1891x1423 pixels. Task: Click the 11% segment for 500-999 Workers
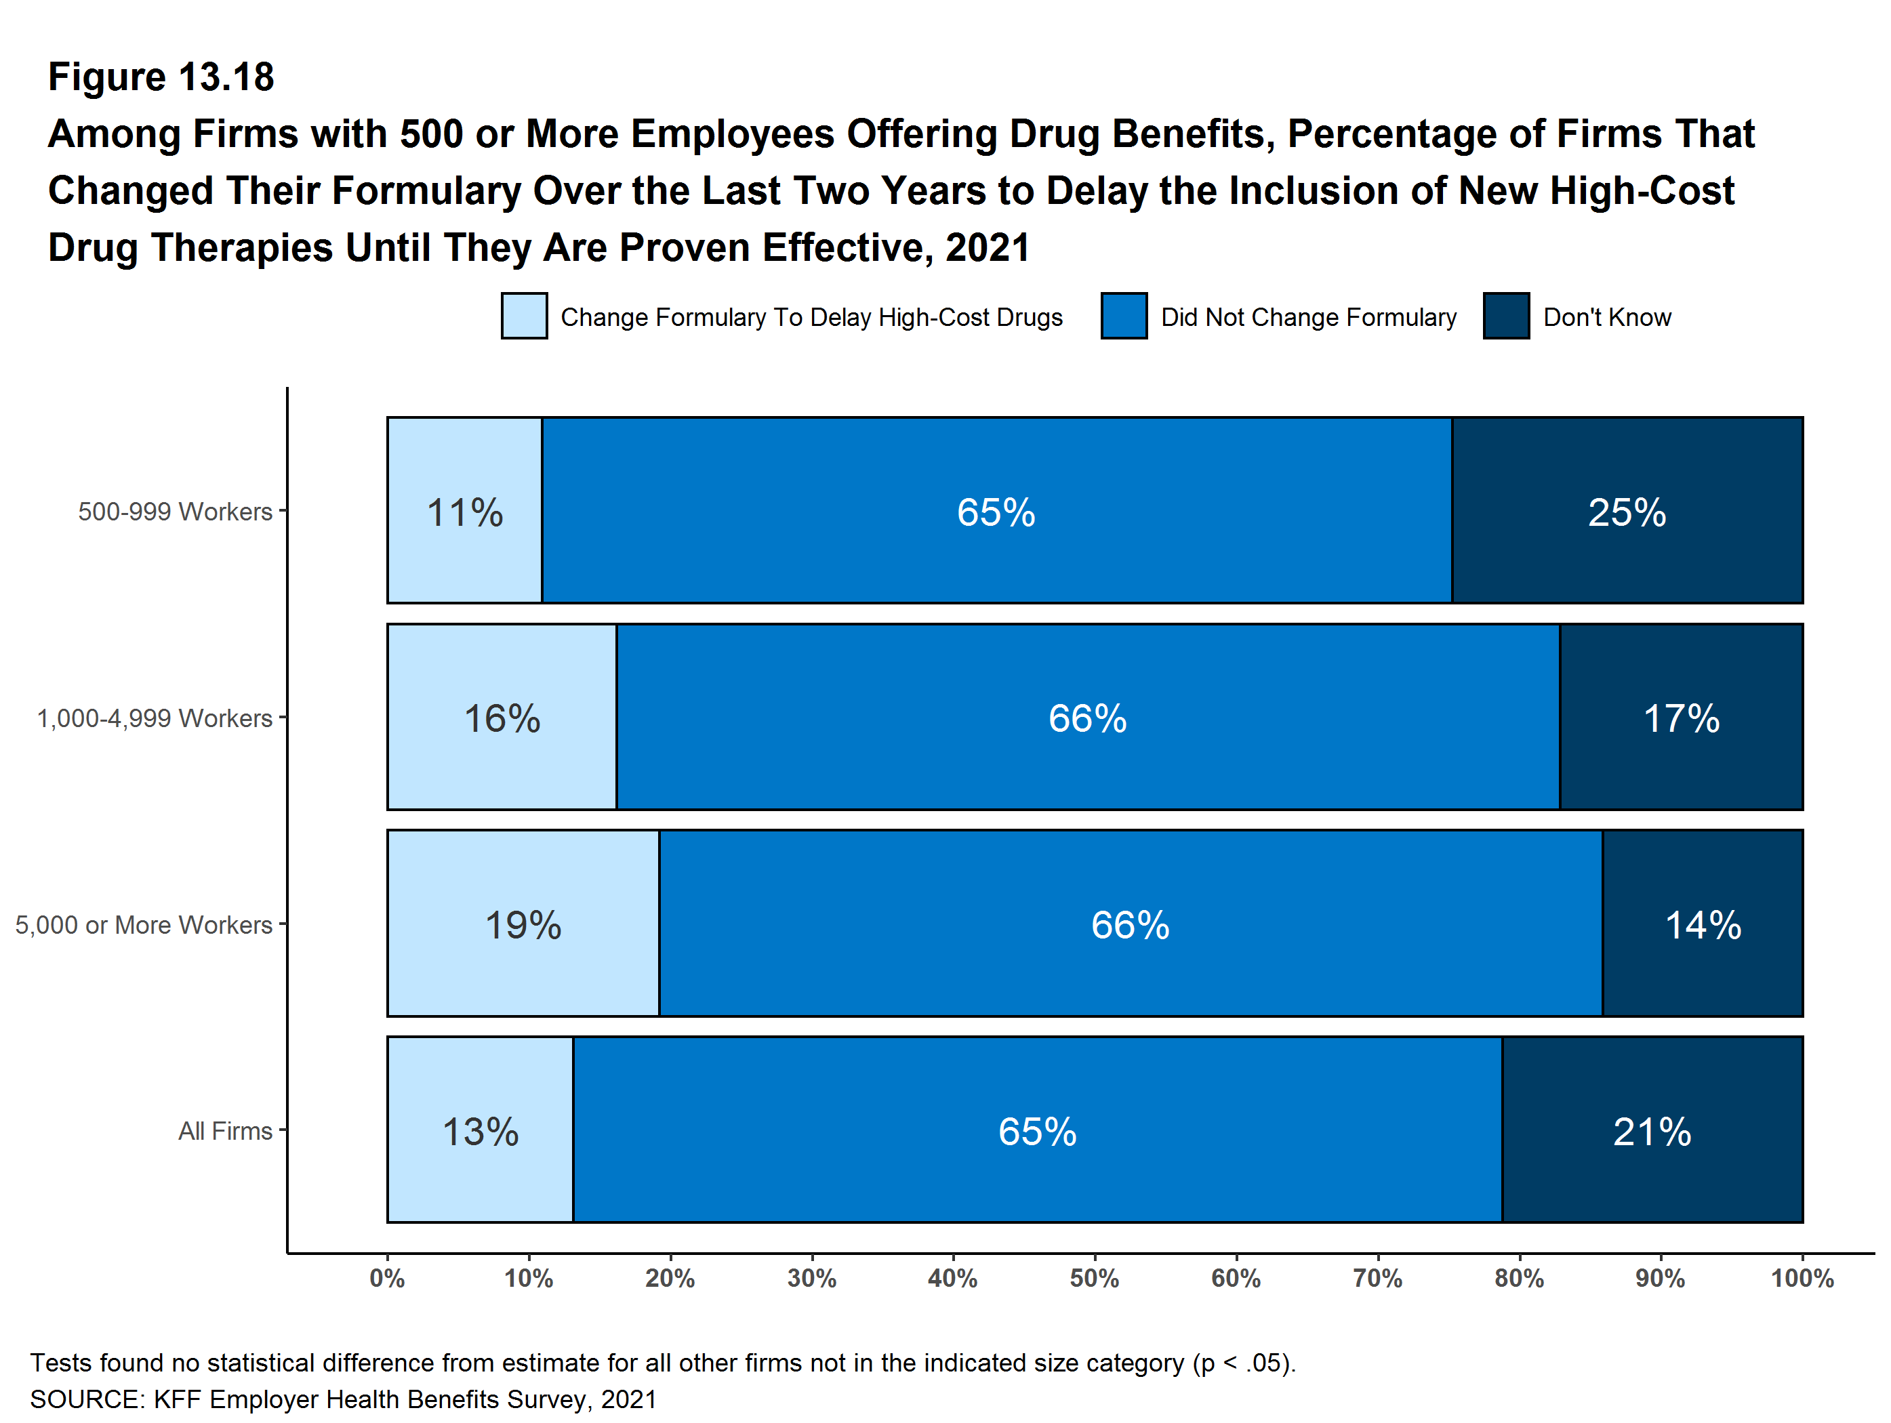464,511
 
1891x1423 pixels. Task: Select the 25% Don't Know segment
1627,511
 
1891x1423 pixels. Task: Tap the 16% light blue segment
502,717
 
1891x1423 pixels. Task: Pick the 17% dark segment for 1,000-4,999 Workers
1681,717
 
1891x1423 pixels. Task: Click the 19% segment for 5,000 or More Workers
523,924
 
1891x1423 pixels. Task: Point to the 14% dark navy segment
1702,924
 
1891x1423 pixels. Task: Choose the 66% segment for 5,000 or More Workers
1130,924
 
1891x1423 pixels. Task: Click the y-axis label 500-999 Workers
176,511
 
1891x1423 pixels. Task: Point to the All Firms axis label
225,1131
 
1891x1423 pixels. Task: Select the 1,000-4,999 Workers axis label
155,718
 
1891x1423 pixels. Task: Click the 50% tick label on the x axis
1094,1279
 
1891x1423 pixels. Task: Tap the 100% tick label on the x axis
1802,1279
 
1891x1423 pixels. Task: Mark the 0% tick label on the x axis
387,1279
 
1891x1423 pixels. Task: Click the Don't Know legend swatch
1506,316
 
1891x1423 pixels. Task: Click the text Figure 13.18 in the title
161,77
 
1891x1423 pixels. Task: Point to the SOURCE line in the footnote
343,1399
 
